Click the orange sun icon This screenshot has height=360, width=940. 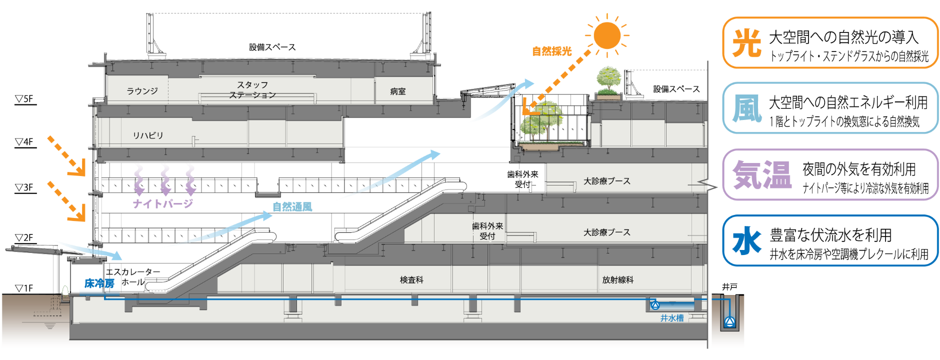(x=607, y=35)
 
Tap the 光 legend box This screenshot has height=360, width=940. (x=830, y=42)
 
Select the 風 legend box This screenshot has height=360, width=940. (x=830, y=108)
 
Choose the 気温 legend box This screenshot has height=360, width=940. (x=830, y=174)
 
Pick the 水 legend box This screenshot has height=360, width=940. (x=830, y=240)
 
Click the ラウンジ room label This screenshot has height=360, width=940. (x=142, y=91)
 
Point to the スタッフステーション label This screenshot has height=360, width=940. (x=252, y=90)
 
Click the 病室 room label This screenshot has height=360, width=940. (x=398, y=91)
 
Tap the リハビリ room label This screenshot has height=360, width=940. (x=148, y=135)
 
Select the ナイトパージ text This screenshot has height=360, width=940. (x=163, y=203)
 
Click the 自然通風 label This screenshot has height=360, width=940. (x=292, y=206)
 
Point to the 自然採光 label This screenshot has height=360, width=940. (x=551, y=51)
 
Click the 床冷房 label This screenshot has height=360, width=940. (x=99, y=283)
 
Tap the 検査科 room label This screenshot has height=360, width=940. (x=411, y=280)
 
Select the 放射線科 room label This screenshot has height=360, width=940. (x=618, y=280)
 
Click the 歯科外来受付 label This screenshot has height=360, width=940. (x=487, y=231)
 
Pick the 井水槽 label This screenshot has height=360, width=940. (x=671, y=318)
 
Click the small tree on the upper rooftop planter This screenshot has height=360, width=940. (x=608, y=80)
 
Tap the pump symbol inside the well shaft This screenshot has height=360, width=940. (x=730, y=322)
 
